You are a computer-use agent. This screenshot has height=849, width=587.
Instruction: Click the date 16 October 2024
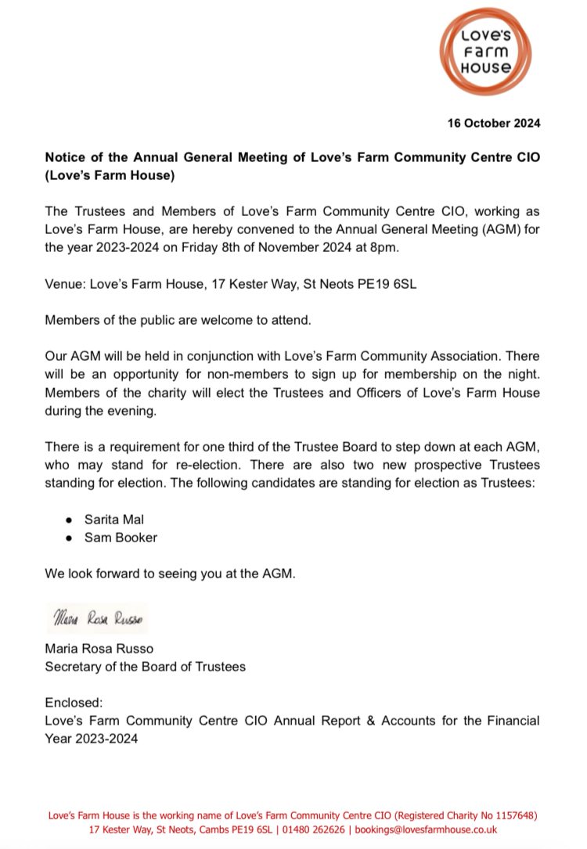click(494, 124)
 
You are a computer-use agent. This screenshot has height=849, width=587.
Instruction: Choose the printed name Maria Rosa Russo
click(99, 649)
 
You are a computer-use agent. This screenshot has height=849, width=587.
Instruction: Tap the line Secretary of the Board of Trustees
click(145, 667)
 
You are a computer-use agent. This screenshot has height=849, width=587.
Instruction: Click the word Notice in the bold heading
click(63, 158)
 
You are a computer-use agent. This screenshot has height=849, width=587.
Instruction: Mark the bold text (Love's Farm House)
click(109, 175)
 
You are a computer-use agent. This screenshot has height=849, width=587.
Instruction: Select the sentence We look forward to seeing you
click(171, 574)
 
